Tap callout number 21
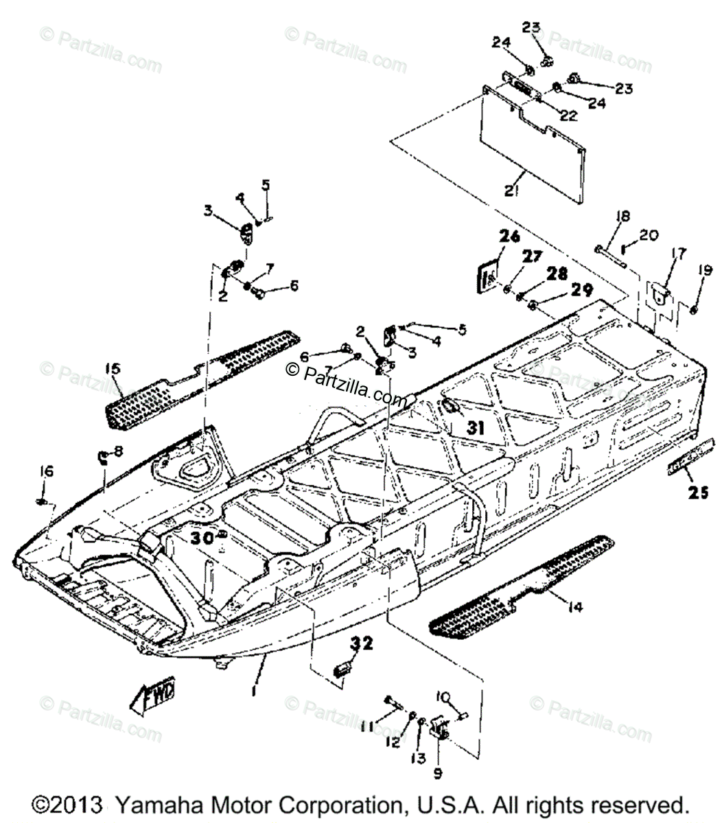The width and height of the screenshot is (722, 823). (510, 191)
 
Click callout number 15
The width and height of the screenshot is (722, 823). (113, 369)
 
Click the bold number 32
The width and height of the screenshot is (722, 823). (362, 643)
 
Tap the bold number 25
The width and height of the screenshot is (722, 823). (698, 492)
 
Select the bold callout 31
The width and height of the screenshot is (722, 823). (476, 428)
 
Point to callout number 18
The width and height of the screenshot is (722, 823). (622, 217)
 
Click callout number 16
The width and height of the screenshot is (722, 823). (45, 471)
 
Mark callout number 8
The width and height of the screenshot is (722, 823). (117, 451)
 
